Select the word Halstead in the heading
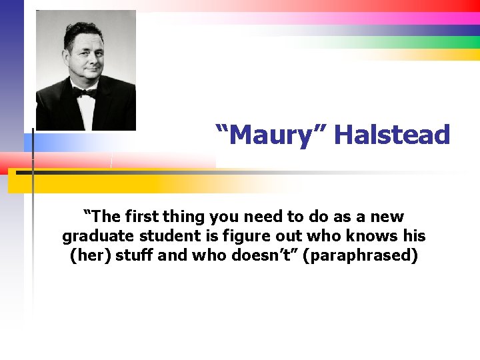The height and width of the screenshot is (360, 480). [392, 135]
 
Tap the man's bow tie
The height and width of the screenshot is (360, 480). [85, 93]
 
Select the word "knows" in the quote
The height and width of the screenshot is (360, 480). [377, 237]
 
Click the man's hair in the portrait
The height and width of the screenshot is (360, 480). [83, 30]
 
